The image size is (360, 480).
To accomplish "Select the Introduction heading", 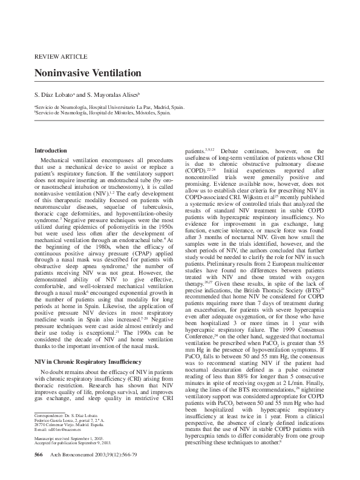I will click(x=51, y=150).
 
